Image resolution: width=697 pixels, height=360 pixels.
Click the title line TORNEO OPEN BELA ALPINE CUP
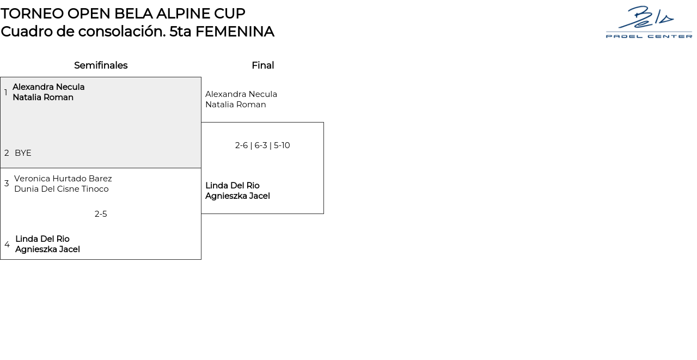[123, 14]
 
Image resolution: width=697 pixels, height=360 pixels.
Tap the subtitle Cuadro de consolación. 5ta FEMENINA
[137, 32]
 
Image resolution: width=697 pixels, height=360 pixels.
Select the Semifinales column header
[101, 65]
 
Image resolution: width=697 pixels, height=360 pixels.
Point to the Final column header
[262, 65]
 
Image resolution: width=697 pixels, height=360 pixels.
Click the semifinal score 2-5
[101, 214]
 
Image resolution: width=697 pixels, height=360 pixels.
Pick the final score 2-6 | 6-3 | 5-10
[262, 145]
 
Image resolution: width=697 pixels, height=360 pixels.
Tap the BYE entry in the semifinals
[23, 153]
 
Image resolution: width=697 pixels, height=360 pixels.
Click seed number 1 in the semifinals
[6, 93]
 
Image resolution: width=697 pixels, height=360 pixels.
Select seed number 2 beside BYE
[7, 153]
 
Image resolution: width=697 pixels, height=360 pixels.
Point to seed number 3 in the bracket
[7, 184]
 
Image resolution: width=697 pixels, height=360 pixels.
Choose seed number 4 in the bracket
[7, 244]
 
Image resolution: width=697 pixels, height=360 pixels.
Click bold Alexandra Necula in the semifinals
[48, 87]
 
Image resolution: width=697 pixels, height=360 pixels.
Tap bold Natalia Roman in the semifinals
[43, 97]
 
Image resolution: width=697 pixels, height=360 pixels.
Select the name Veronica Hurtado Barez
[63, 179]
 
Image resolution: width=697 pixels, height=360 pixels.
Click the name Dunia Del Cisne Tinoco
[62, 189]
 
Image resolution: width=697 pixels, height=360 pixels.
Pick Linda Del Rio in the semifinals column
[42, 239]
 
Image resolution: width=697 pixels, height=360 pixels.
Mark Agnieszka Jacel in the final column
[237, 196]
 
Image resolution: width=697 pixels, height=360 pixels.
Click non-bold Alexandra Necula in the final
[241, 94]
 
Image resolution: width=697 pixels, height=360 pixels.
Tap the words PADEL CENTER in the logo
[649, 36]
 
